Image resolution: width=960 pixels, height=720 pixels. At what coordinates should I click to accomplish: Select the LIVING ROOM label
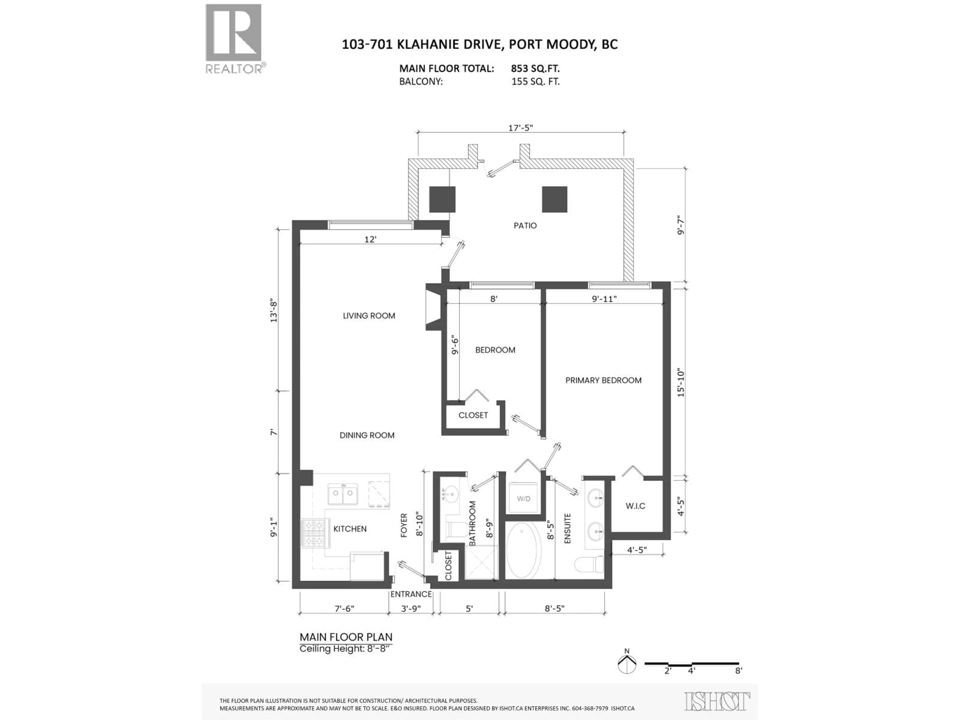pos(369,316)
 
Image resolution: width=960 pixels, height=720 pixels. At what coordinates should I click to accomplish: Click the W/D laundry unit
pos(523,499)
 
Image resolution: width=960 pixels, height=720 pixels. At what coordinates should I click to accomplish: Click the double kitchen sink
pos(342,493)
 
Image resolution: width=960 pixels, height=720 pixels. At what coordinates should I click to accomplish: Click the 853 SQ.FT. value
pos(535,68)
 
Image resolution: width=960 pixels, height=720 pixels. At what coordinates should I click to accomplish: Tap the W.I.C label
pos(635,506)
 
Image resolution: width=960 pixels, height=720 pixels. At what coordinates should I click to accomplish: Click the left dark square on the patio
pos(442,199)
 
